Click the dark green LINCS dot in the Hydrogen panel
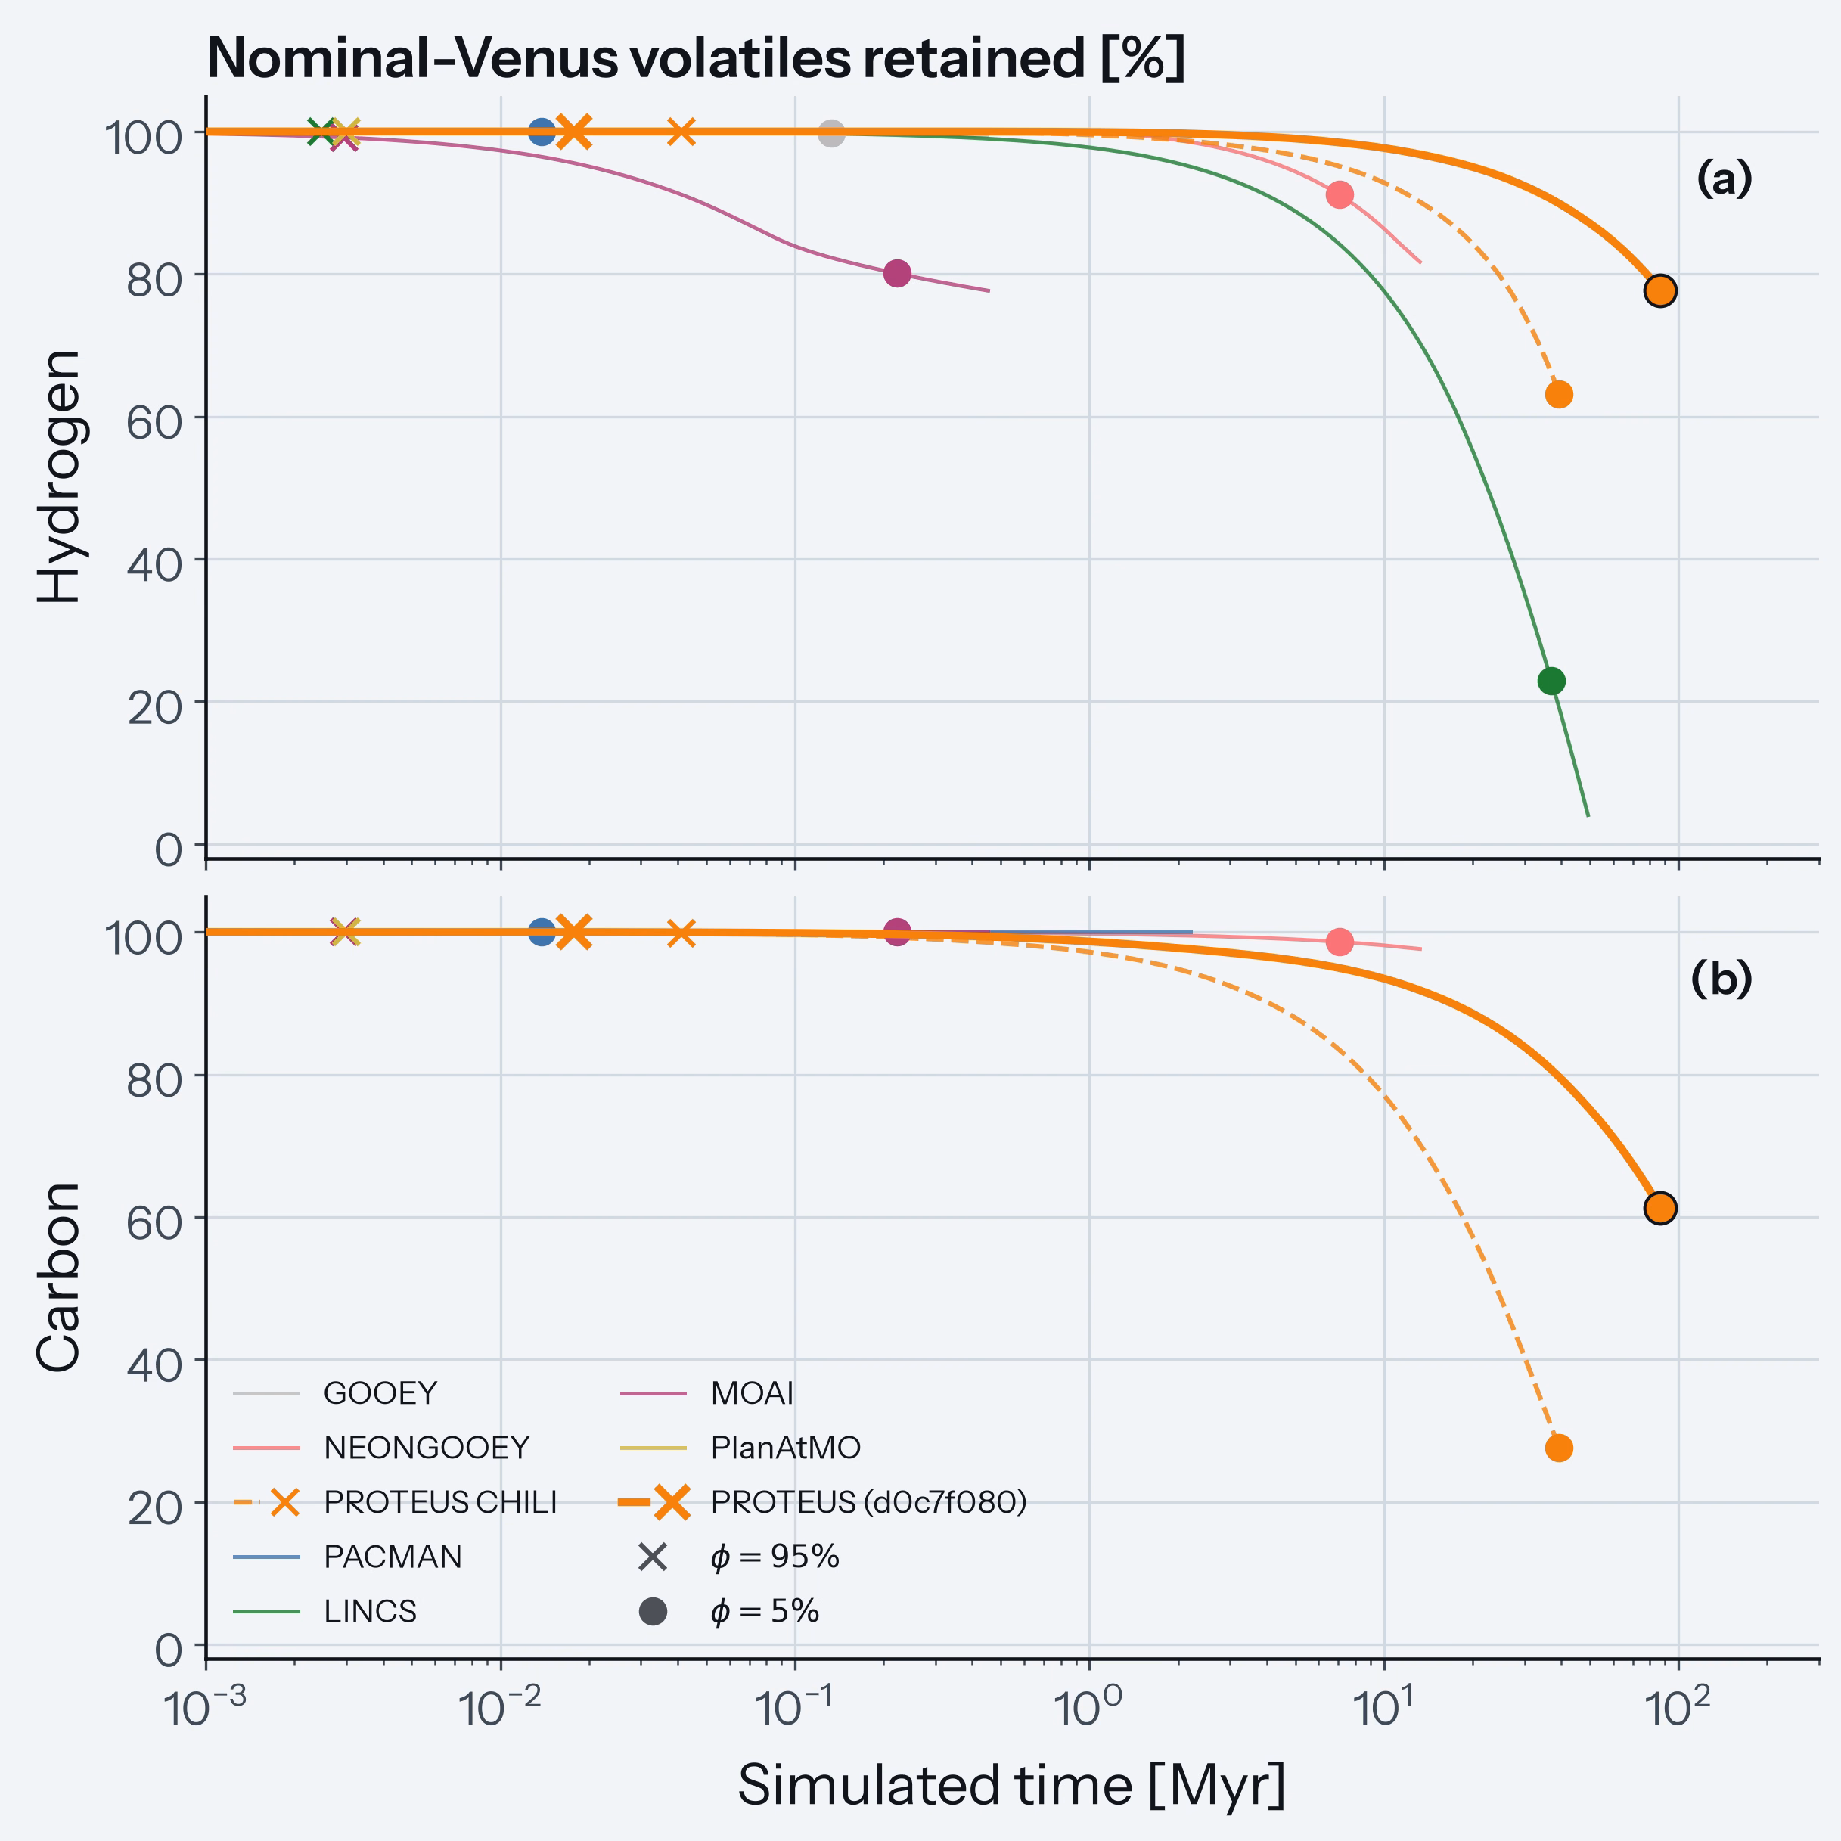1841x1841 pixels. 1551,681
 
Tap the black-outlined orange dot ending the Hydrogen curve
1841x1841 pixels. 1660,290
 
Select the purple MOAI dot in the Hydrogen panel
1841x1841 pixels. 897,274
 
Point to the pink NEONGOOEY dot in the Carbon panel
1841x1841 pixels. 1340,942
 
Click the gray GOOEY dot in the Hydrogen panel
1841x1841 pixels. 831,133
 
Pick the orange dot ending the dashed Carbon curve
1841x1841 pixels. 1559,1448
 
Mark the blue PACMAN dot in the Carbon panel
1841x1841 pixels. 542,932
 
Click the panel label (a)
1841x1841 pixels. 1725,180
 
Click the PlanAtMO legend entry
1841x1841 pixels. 740,1448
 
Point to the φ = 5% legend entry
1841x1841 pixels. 729,1611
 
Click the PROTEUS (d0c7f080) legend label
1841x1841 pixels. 869,1503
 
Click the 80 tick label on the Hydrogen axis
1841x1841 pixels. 154,279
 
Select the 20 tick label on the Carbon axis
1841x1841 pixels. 154,1507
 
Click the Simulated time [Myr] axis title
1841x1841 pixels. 1012,1786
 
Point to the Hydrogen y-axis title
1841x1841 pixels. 59,477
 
